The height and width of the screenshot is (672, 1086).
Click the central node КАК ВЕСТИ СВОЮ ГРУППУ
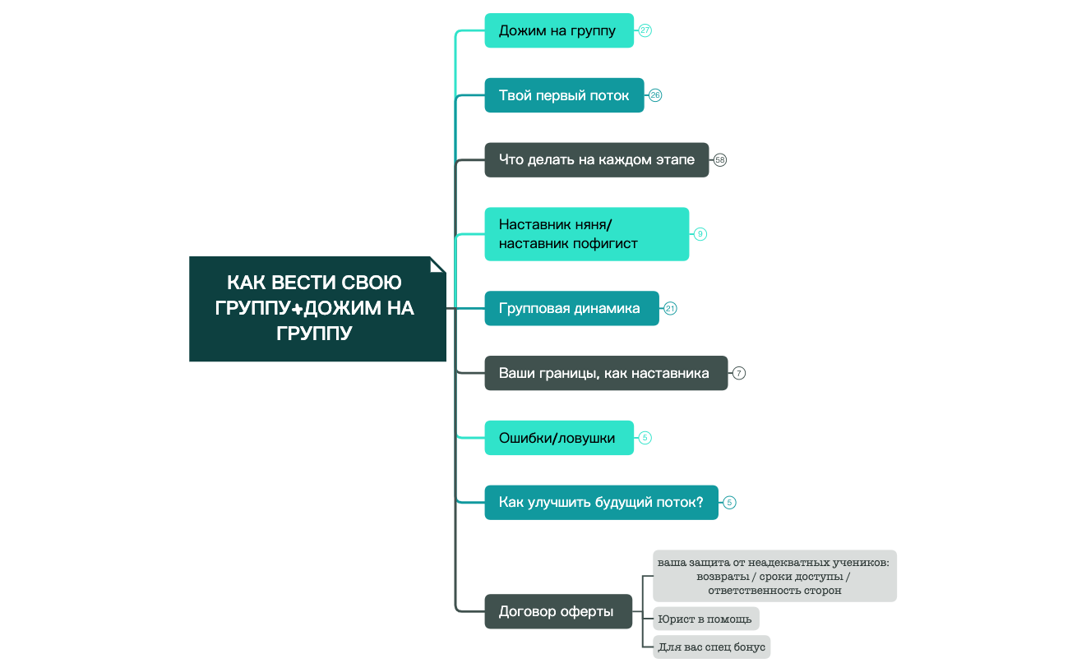(x=317, y=309)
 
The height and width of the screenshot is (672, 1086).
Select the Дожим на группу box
(x=558, y=30)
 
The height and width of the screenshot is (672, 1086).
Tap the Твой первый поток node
(x=564, y=95)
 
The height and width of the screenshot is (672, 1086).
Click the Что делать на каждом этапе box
(x=596, y=160)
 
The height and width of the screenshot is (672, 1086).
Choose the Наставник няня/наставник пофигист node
(x=586, y=234)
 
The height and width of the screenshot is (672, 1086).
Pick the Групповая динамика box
(x=571, y=309)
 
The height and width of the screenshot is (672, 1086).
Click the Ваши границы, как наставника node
(x=605, y=373)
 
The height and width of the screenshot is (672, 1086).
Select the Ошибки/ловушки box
(x=558, y=438)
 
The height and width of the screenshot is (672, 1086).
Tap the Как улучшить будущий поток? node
(x=601, y=502)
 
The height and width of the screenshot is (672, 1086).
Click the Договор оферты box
(x=557, y=611)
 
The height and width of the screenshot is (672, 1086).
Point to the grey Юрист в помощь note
(x=706, y=619)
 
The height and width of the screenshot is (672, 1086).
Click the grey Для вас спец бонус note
(x=712, y=647)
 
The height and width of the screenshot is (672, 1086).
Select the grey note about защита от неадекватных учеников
(x=774, y=576)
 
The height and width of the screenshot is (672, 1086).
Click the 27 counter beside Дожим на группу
(x=645, y=30)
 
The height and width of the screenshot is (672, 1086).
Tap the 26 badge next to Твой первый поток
(x=655, y=95)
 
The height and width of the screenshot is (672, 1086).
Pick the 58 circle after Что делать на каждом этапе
(x=720, y=160)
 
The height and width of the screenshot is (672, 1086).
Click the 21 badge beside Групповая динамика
(x=671, y=309)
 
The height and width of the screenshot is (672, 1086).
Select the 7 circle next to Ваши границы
(x=739, y=373)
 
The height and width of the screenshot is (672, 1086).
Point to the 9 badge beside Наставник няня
(x=700, y=234)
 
